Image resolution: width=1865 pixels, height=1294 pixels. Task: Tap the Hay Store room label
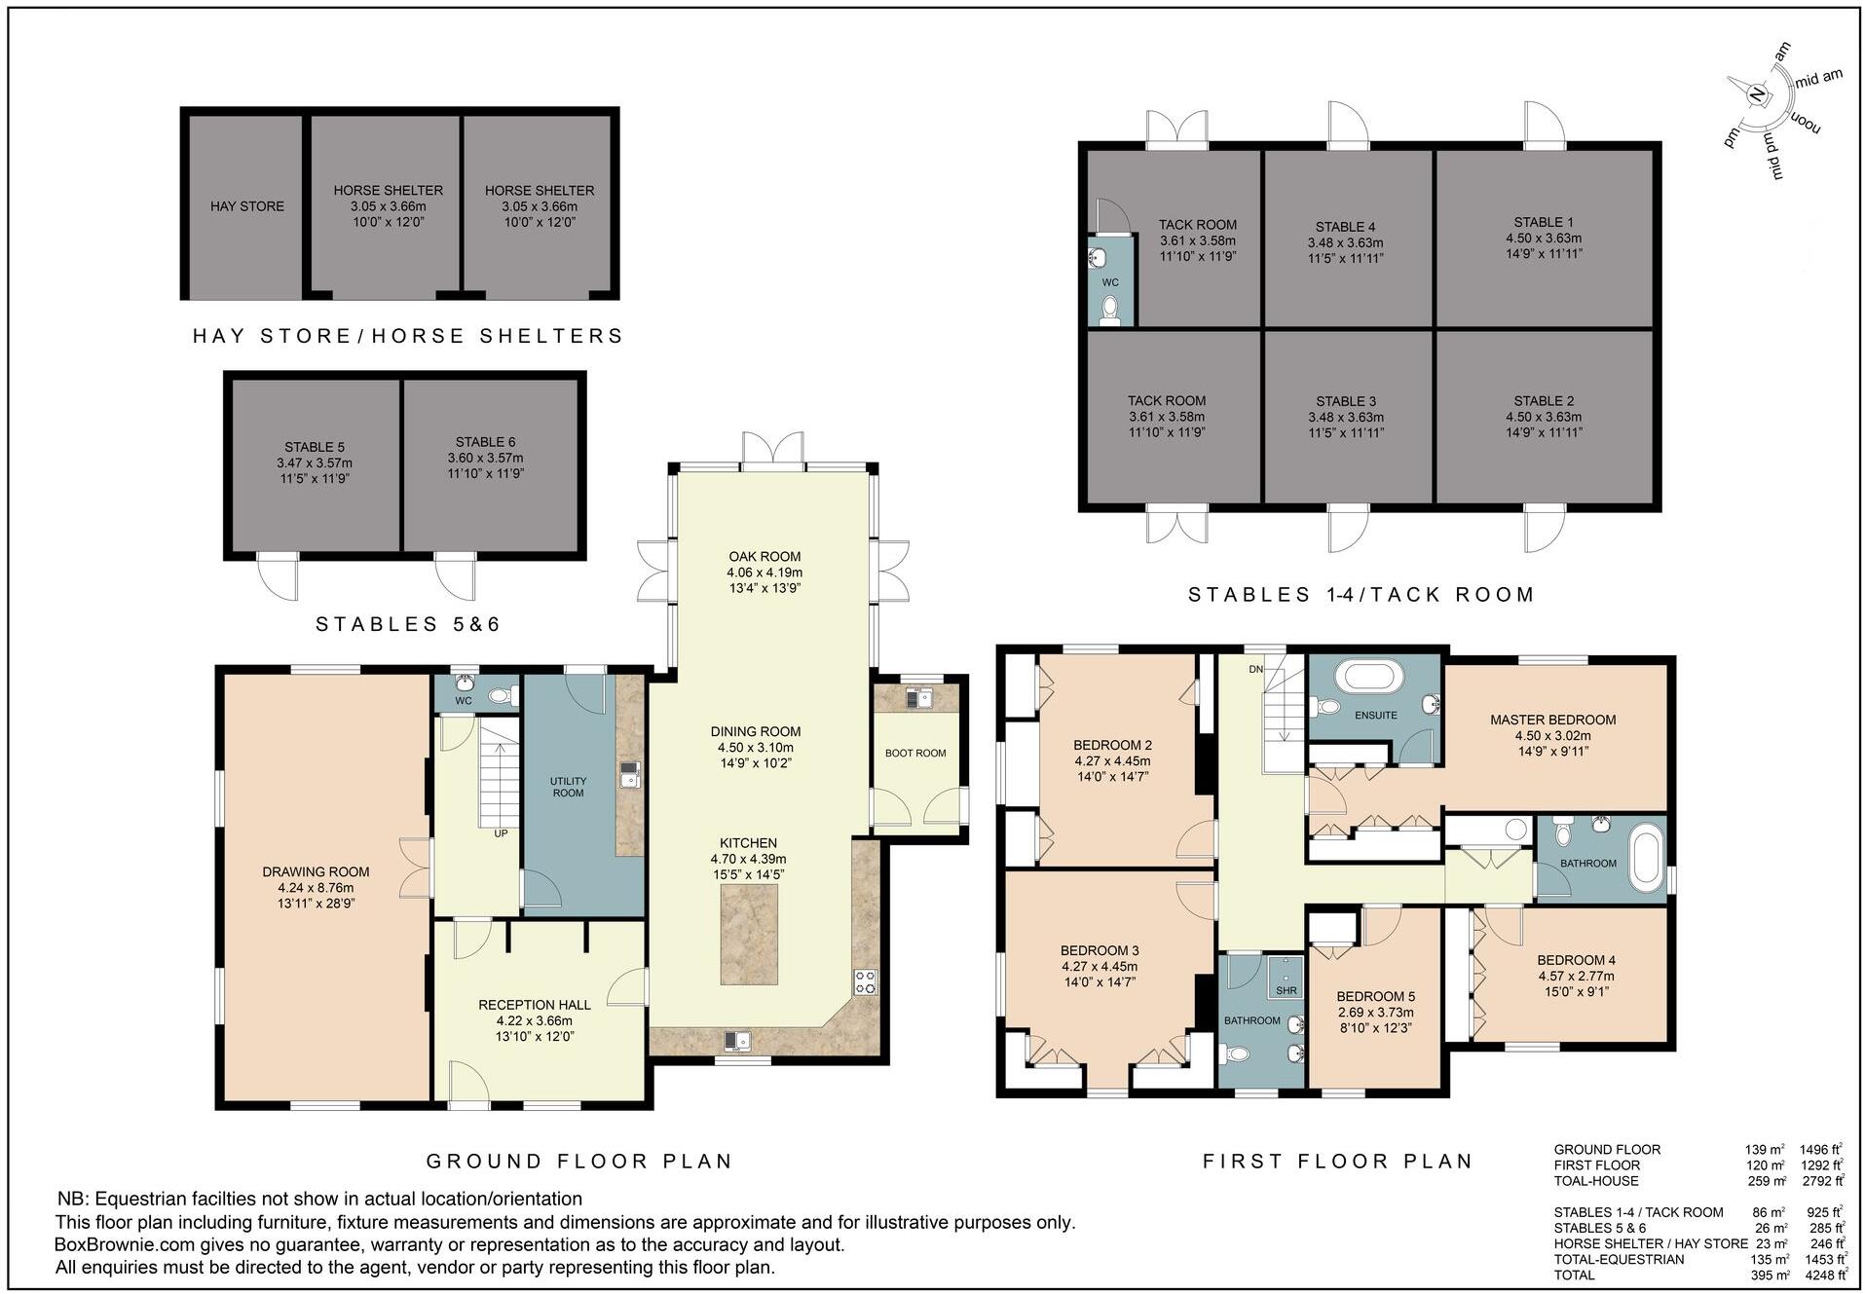coord(247,206)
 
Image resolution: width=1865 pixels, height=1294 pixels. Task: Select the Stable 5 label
coord(315,448)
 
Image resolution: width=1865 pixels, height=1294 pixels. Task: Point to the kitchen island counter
coord(749,936)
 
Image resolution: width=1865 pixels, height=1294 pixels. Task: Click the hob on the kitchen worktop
coord(865,981)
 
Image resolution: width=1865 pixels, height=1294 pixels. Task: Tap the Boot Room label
coord(915,753)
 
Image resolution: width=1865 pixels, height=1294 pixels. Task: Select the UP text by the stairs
coord(501,833)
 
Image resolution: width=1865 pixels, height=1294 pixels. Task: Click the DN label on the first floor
coord(1256,670)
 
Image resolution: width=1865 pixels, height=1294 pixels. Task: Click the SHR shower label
coord(1287,990)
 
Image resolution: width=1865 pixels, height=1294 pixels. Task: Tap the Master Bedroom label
coord(1552,721)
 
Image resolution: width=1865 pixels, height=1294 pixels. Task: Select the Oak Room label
coord(765,557)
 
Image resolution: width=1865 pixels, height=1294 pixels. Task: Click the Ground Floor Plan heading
coord(579,1161)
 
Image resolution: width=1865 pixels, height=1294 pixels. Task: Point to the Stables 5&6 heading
coord(407,624)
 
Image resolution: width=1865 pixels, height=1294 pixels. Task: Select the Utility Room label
coord(568,787)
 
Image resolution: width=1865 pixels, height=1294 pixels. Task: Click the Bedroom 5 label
coord(1375,996)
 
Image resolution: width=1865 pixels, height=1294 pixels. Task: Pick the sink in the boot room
coord(918,697)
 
